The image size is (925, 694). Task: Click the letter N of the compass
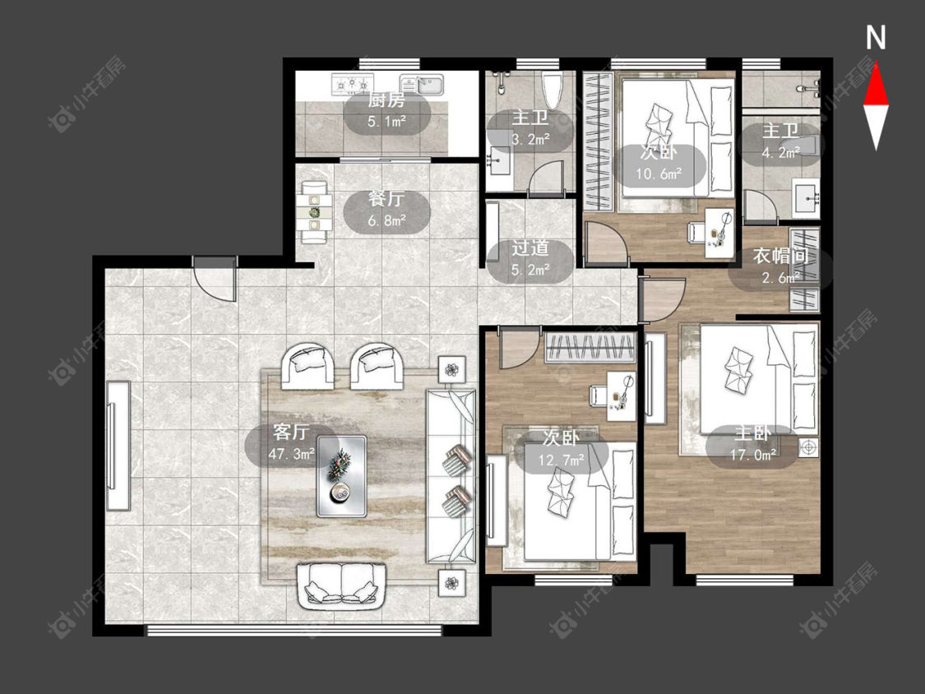tap(876, 38)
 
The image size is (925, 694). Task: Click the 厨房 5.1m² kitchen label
tap(387, 111)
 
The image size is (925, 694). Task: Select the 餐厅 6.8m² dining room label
tap(387, 210)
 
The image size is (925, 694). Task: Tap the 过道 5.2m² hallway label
tap(530, 258)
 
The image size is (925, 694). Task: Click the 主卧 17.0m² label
tap(752, 443)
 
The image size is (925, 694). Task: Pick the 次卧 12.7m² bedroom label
tap(561, 448)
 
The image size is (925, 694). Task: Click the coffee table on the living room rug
tap(341, 476)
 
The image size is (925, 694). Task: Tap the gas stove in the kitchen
tap(353, 85)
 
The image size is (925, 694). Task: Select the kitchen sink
tap(422, 84)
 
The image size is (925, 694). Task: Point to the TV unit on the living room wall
tap(118, 445)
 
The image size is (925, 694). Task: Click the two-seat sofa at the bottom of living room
tap(342, 585)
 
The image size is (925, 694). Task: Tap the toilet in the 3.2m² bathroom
tap(553, 90)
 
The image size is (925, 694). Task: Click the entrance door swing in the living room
tap(215, 280)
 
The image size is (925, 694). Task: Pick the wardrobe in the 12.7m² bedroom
tap(590, 347)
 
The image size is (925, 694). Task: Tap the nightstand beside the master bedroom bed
tap(809, 447)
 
